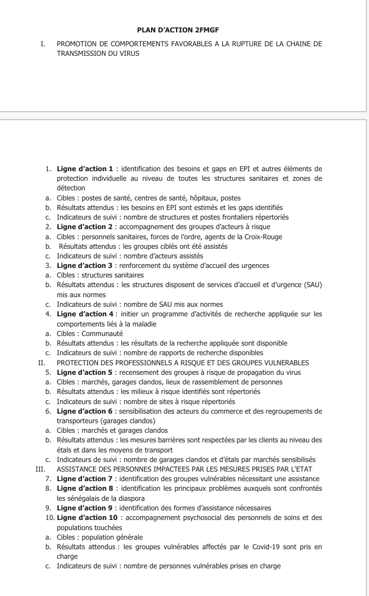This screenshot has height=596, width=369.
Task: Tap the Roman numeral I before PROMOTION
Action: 42,44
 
